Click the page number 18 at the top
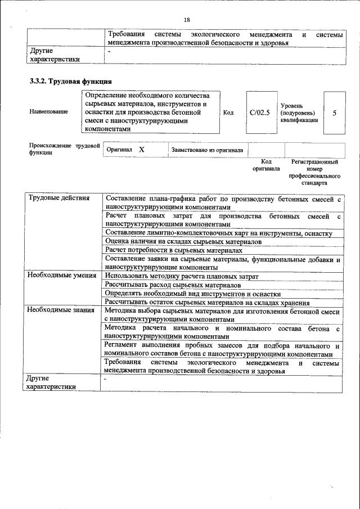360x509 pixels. pyautogui.click(x=187, y=20)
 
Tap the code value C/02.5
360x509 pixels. pyautogui.click(x=259, y=112)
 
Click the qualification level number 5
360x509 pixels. pyautogui.click(x=335, y=112)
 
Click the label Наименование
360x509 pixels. pyautogui.click(x=49, y=112)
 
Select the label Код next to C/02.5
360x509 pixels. pyautogui.click(x=228, y=112)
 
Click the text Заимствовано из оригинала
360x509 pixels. pyautogui.click(x=207, y=150)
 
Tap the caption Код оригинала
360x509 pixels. pyautogui.click(x=266, y=165)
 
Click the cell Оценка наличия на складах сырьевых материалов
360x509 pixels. pyautogui.click(x=183, y=241)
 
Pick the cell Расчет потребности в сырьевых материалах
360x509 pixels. pyautogui.click(x=174, y=250)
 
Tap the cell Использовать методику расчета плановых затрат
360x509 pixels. pyautogui.click(x=182, y=276)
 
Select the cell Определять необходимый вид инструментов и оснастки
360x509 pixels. pyautogui.click(x=192, y=294)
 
